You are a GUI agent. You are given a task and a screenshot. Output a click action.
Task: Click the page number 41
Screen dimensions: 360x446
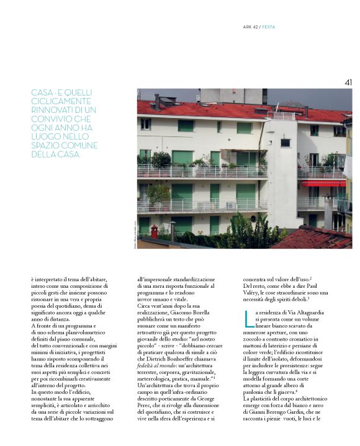(x=348, y=82)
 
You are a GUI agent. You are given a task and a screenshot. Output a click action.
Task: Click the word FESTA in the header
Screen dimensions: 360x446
(x=269, y=27)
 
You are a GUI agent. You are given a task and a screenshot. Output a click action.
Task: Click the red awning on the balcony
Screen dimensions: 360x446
(x=323, y=184)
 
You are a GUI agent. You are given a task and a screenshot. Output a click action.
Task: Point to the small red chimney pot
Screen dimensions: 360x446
(x=154, y=231)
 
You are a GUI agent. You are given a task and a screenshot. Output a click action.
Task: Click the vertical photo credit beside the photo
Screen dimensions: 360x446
(x=134, y=235)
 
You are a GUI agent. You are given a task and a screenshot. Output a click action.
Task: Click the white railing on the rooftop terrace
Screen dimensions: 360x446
(x=283, y=115)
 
